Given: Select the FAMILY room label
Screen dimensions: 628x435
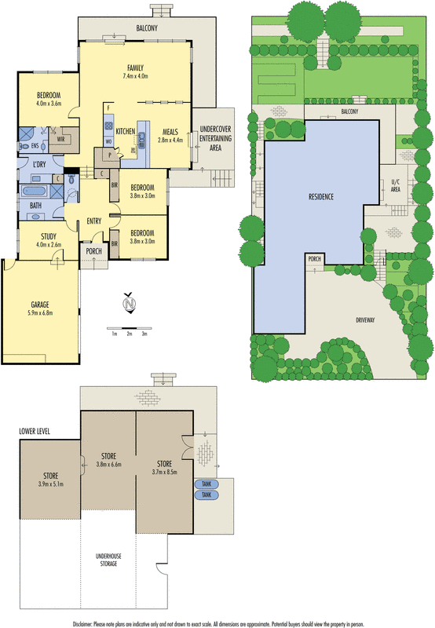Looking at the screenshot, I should click(135, 68).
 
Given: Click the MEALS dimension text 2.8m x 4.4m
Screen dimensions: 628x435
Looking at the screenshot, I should click(170, 140).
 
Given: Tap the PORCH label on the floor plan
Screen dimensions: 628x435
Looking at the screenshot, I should click(93, 252).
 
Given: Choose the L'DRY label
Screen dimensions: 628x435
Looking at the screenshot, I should click(39, 164).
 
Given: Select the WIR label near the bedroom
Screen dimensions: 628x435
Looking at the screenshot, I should click(61, 138).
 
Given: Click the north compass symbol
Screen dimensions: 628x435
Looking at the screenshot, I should click(130, 301).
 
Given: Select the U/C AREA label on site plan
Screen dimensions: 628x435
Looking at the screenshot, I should click(396, 186).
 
